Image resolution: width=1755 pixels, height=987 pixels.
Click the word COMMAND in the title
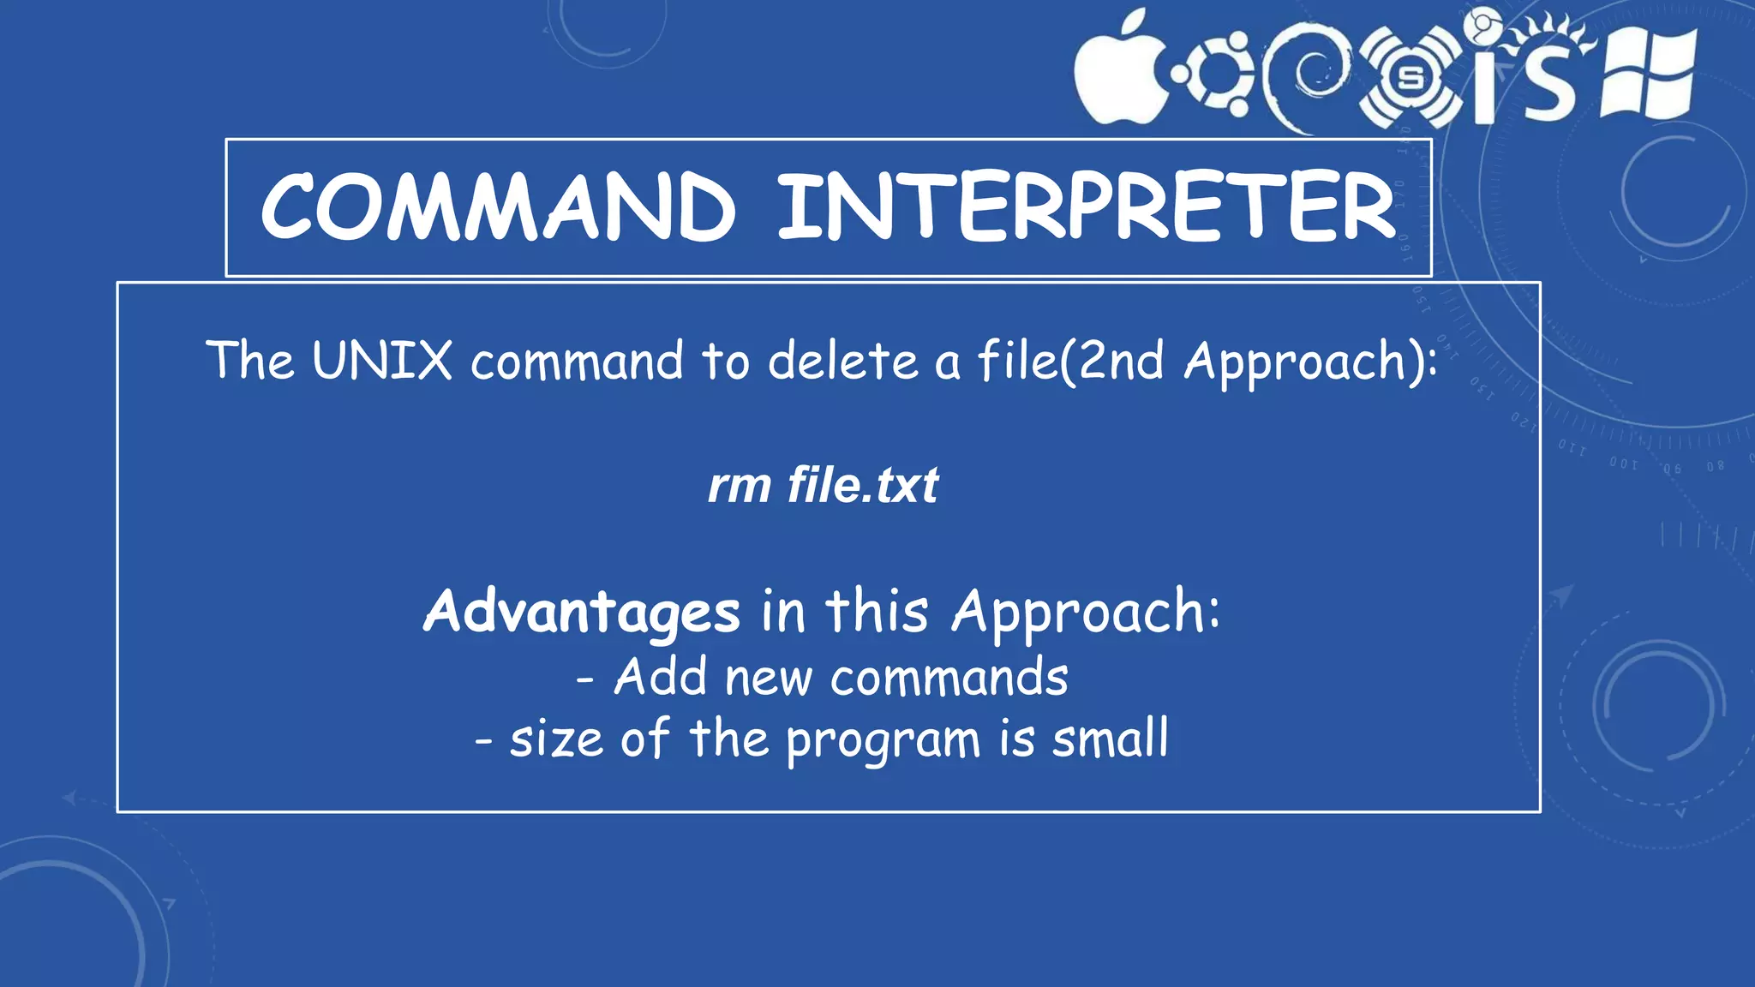point(498,206)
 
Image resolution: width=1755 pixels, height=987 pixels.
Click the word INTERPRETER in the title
point(1087,206)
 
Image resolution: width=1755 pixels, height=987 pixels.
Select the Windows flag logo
point(1648,74)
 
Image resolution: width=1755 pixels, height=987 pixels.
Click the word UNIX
point(382,360)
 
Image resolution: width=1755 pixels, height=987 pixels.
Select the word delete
point(843,360)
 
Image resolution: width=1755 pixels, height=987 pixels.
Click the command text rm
point(739,486)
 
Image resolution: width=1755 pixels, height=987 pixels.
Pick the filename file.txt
point(863,486)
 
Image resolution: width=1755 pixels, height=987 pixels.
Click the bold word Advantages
point(581,612)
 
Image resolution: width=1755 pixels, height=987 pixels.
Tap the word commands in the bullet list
point(949,678)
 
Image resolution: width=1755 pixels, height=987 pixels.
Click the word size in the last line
point(556,739)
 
